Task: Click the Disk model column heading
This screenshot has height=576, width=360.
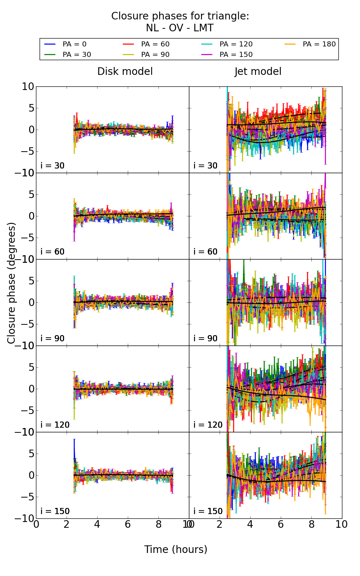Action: coord(125,72)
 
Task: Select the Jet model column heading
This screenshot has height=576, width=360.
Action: coord(258,72)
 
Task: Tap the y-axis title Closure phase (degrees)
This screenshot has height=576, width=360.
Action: coord(12,283)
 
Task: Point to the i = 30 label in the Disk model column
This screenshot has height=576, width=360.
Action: coord(53,166)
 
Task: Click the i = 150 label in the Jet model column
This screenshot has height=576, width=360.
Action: coord(208,511)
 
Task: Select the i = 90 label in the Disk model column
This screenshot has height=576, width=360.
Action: coord(53,338)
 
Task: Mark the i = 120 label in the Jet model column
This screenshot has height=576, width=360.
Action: coord(208,425)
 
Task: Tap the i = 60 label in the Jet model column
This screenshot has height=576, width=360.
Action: coord(206,252)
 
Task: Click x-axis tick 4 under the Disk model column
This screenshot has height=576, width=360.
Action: coord(97,525)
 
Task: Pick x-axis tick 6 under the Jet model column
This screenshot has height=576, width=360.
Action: coord(280,525)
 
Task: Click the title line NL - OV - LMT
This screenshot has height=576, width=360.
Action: coord(180,28)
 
